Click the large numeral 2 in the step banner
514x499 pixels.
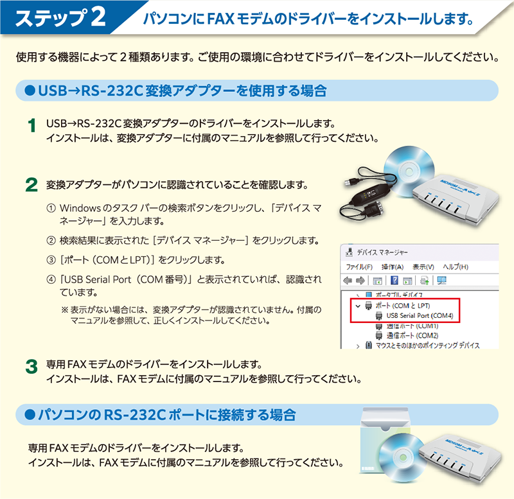click(98, 17)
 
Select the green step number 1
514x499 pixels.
click(31, 126)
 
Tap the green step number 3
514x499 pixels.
click(31, 366)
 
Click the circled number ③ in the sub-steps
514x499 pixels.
click(51, 260)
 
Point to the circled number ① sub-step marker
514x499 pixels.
click(51, 208)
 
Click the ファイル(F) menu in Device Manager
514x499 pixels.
click(359, 267)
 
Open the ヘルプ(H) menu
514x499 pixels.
click(456, 267)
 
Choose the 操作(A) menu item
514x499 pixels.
click(393, 267)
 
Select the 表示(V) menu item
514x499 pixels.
click(423, 267)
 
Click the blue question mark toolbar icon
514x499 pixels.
click(394, 281)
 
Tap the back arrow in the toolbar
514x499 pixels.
click(348, 281)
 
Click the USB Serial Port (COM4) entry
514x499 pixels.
click(420, 315)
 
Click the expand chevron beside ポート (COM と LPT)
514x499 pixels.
click(358, 306)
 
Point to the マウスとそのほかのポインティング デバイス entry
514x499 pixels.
click(427, 346)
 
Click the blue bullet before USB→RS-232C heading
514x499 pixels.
click(30, 91)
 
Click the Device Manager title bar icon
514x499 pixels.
click(350, 252)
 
